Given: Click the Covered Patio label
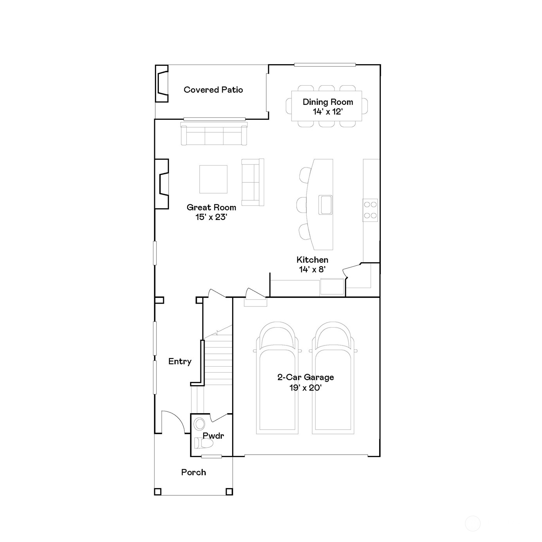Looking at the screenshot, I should [213, 90].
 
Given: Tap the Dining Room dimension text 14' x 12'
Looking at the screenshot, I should [328, 112].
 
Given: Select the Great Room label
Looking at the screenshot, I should [211, 207].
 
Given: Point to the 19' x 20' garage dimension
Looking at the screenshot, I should [305, 388].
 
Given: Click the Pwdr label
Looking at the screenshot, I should [213, 436].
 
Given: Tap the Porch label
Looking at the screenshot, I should [193, 472].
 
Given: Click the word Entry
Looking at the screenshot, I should [180, 362].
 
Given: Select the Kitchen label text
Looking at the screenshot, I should [312, 260].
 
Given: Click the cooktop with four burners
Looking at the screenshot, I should [370, 210].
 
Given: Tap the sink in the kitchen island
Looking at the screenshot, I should [325, 205].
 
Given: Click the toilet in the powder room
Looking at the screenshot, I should [204, 444].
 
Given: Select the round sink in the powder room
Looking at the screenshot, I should [199, 424].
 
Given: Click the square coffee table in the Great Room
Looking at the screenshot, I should [213, 179].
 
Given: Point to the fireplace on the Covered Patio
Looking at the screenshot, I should [162, 84].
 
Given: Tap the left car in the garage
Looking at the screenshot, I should [277, 378].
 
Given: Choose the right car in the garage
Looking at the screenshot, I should [333, 378].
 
